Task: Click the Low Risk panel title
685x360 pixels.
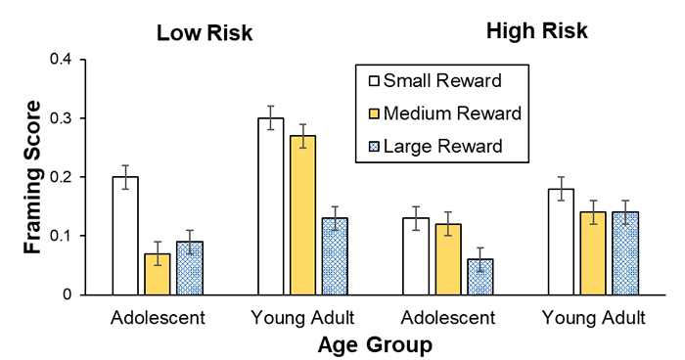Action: (205, 33)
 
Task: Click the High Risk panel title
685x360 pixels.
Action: (537, 31)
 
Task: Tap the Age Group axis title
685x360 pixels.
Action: (375, 345)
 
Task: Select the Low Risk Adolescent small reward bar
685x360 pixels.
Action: (125, 236)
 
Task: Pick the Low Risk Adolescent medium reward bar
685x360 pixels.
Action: (158, 274)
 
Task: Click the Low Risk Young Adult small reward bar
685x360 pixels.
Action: (270, 206)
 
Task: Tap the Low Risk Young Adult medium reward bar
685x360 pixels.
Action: (302, 215)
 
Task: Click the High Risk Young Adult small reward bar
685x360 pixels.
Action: (560, 242)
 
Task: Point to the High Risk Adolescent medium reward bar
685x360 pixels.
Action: (447, 259)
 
